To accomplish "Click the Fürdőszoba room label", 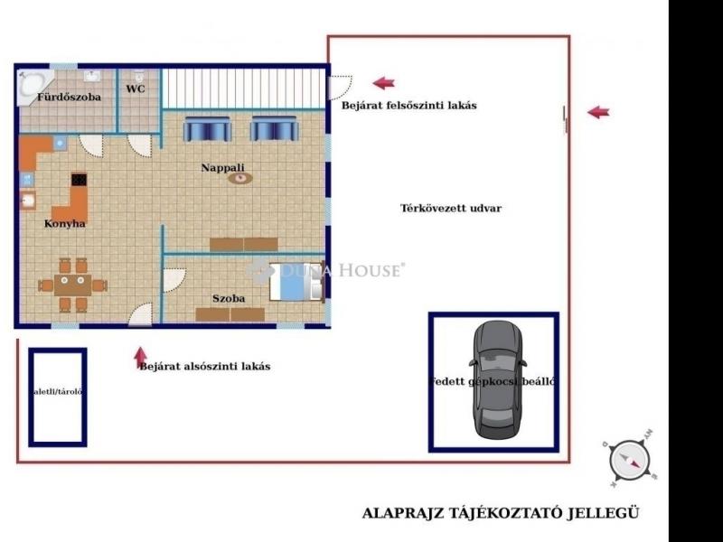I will (x=69, y=97).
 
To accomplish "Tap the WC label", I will (x=136, y=89).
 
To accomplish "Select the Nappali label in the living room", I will (x=222, y=167).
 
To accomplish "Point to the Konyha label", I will (x=65, y=223).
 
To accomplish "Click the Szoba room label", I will (x=229, y=298).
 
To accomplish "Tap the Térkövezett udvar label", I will (x=451, y=208).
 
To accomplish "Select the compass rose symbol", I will (x=630, y=460).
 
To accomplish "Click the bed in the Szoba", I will (x=296, y=282).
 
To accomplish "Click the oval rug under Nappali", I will (x=239, y=178).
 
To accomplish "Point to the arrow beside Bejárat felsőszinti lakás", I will (x=384, y=83).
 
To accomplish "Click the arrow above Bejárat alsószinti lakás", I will (x=140, y=354).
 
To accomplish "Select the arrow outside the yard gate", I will (x=598, y=112).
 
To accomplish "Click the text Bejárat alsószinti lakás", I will (x=204, y=367).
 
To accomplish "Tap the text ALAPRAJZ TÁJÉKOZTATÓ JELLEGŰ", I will (x=501, y=513).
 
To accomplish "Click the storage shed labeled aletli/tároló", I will (x=58, y=397).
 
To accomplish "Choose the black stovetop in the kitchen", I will (x=79, y=180).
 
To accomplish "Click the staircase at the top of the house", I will (x=242, y=88).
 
